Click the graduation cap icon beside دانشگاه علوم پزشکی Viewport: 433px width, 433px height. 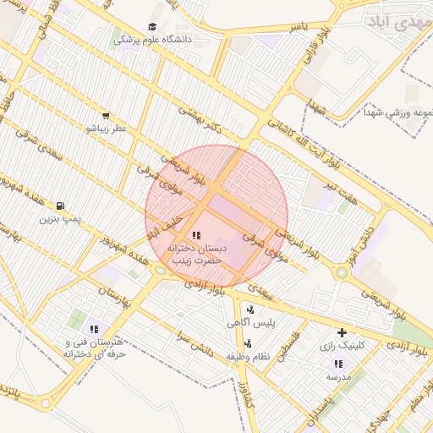point(152,27)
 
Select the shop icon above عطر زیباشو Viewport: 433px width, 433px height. point(105,116)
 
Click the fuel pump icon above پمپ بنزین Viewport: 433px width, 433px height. point(59,206)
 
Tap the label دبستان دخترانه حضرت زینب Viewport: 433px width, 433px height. point(195,254)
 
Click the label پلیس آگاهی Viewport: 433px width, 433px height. point(249,323)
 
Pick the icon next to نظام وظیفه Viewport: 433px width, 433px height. point(249,343)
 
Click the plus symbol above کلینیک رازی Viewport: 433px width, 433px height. point(342,332)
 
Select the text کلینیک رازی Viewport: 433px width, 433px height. point(342,346)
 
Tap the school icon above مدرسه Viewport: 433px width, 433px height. point(338,364)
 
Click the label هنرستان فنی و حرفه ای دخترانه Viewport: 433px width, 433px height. point(94,348)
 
